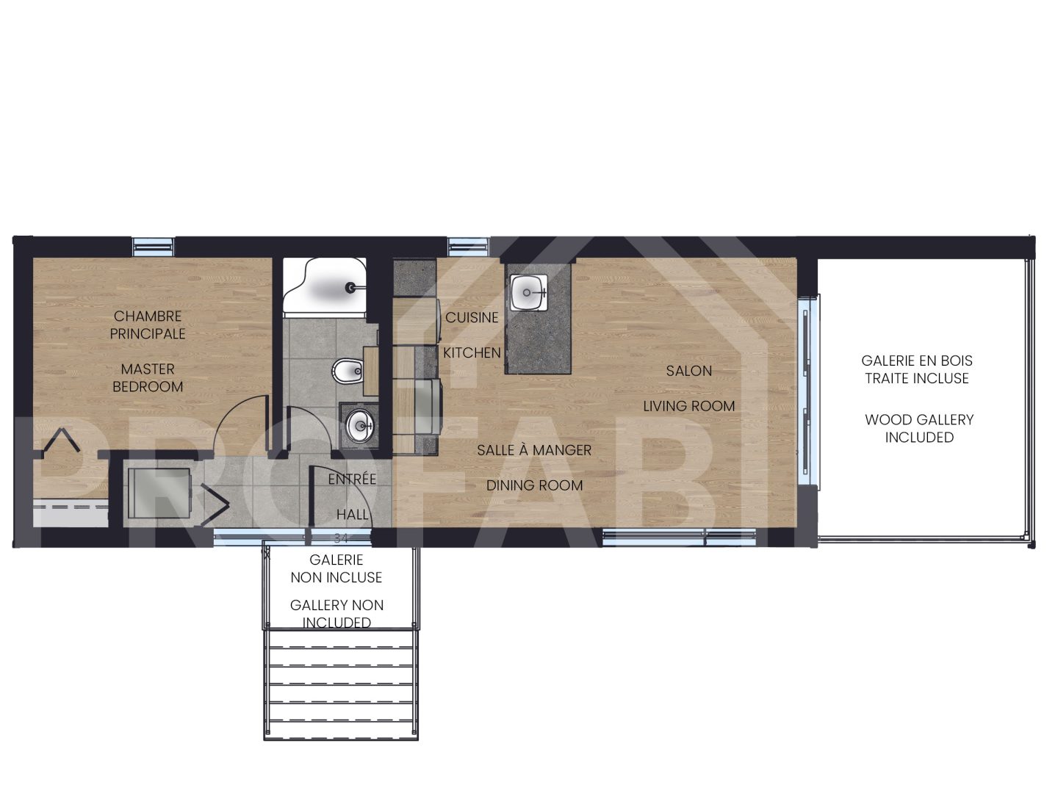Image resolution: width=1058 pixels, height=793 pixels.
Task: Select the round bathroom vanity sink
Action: tap(360, 424)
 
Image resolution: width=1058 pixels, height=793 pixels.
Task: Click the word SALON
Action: tap(688, 371)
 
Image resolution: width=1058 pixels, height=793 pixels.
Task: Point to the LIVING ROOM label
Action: tap(688, 406)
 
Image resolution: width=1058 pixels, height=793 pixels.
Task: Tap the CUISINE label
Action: tap(472, 318)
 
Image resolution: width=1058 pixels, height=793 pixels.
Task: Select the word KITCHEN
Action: tap(472, 353)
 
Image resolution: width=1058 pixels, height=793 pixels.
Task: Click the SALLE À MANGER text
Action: tap(534, 450)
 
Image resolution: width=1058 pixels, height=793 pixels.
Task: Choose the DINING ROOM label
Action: tap(534, 485)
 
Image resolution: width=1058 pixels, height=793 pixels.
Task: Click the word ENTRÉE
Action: tap(352, 479)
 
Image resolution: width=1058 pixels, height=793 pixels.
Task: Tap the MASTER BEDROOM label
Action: tap(148, 378)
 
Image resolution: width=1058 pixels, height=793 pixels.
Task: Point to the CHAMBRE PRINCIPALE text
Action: tap(148, 325)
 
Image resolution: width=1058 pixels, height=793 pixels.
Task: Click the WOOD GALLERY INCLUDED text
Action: tap(918, 429)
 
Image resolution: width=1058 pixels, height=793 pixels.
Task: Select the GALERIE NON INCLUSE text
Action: tap(337, 569)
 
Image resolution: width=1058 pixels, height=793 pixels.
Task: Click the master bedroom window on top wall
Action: tap(154, 246)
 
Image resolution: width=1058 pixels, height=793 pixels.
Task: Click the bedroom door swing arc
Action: tap(239, 422)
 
